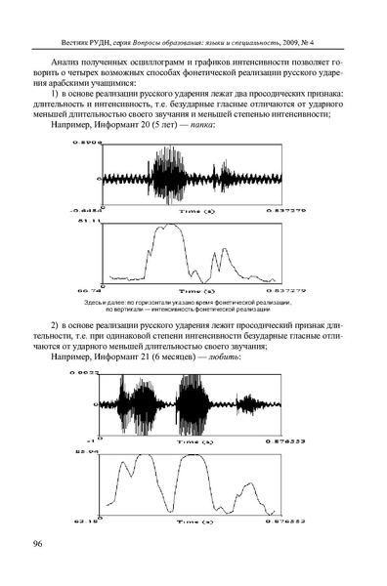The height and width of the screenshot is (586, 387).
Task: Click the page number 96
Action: click(x=39, y=543)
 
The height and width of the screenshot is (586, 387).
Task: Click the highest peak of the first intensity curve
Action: click(x=173, y=226)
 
